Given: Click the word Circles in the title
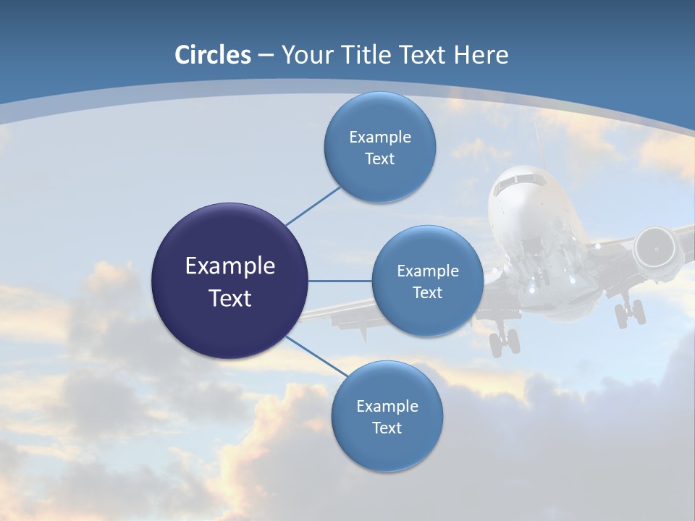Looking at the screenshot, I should [x=213, y=55].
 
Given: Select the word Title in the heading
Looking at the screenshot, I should [x=371, y=55].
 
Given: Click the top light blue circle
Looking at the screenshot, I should [x=380, y=116].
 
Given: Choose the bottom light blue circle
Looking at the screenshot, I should [x=387, y=449].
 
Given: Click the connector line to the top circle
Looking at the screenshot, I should [x=313, y=206].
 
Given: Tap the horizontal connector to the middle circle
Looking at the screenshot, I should [x=340, y=281].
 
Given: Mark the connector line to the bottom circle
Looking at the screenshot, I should [x=316, y=356].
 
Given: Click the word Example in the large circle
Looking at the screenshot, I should [x=230, y=266].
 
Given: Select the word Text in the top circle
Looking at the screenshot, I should [x=380, y=159].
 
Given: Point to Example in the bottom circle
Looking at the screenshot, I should [x=387, y=406].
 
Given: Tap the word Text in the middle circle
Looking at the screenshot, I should [x=427, y=292].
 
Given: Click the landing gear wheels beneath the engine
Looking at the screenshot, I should [x=629, y=313].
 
